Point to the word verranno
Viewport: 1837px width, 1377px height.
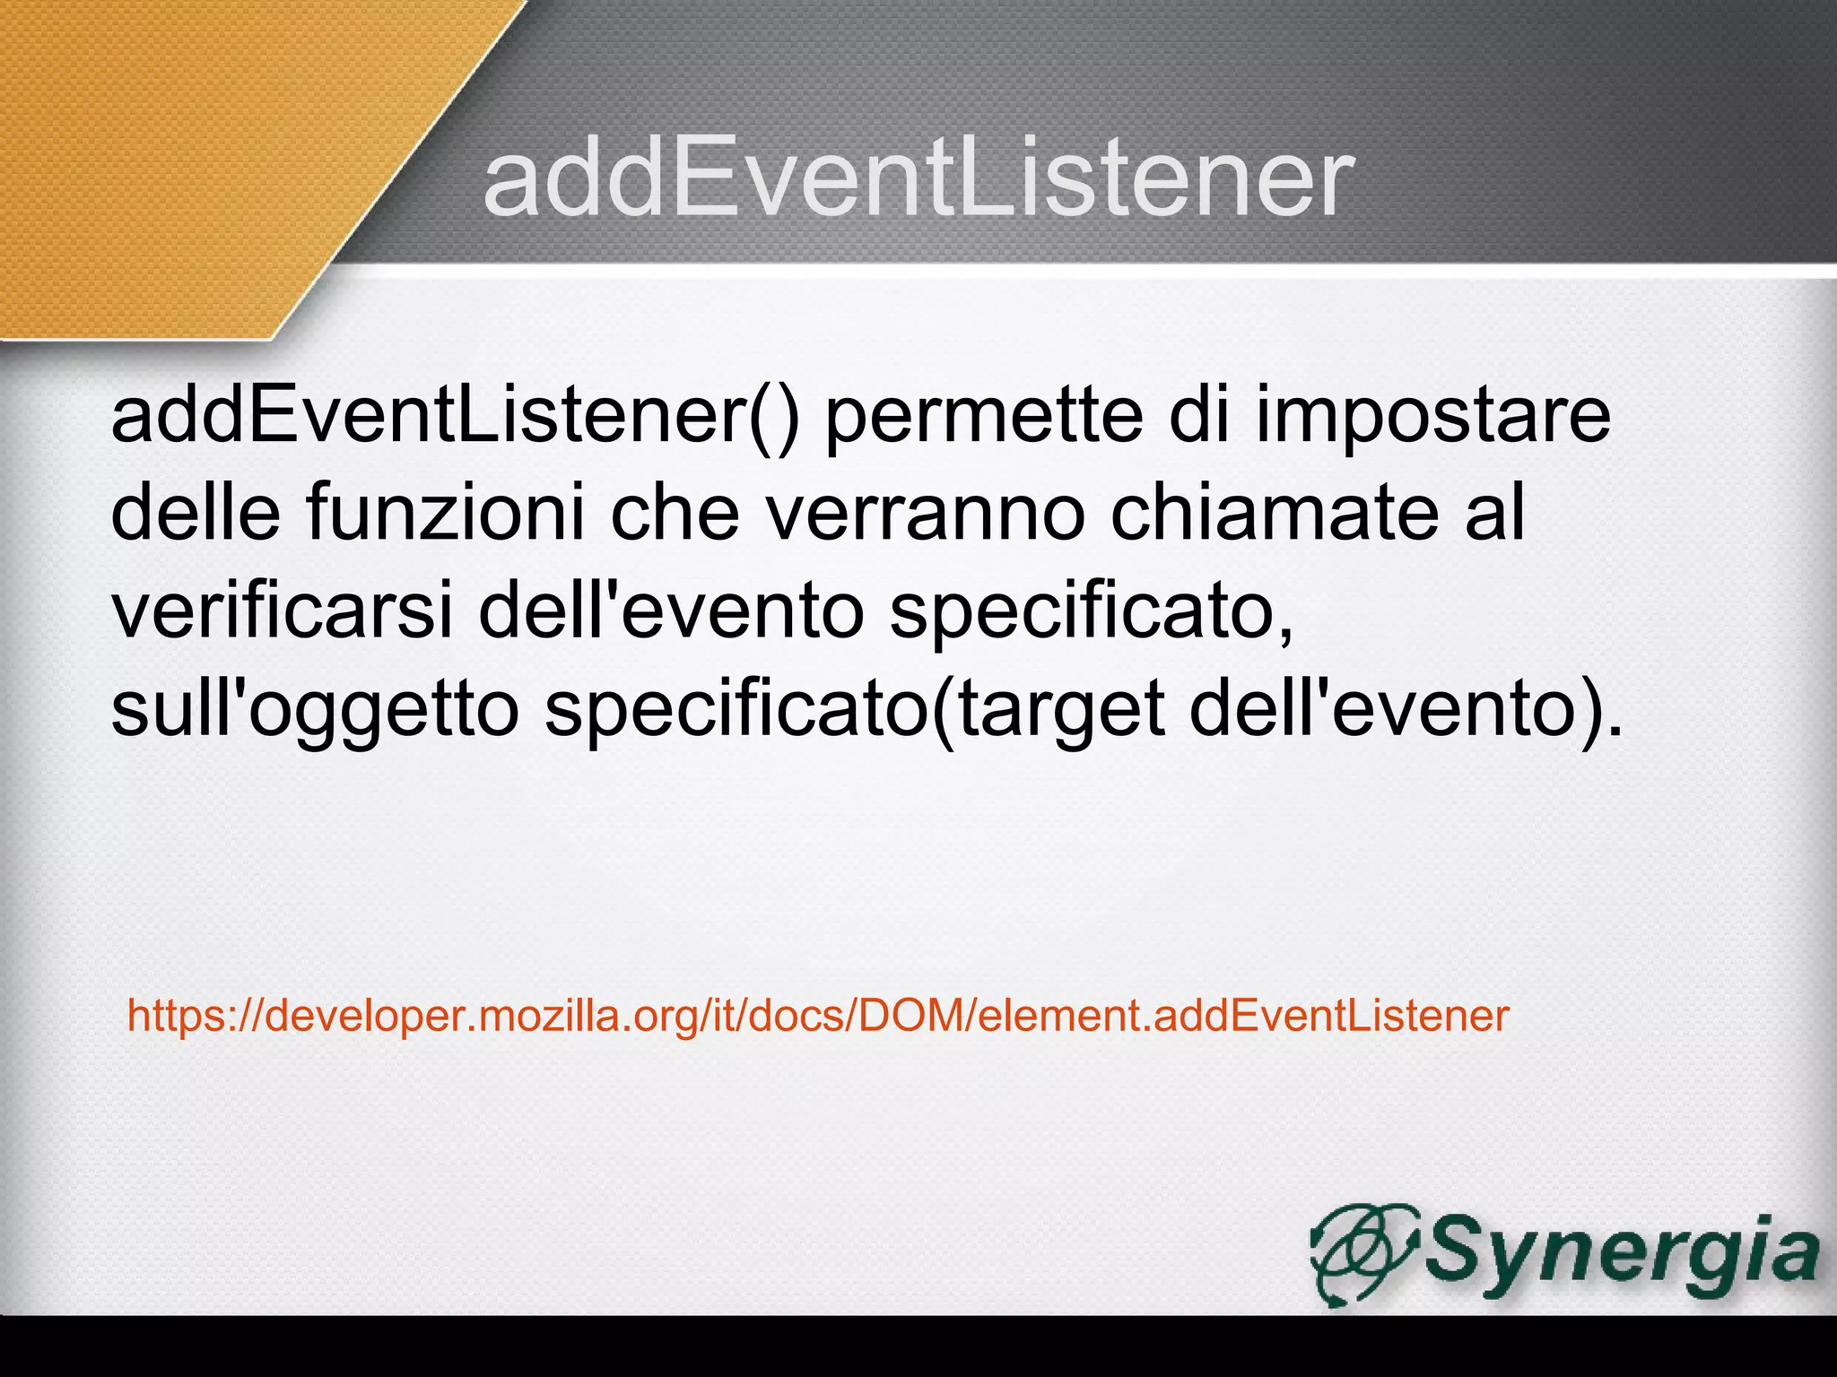point(925,512)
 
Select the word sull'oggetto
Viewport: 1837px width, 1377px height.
point(315,708)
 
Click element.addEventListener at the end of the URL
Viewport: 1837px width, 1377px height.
point(1243,1016)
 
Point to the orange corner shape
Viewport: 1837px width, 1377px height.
point(179,161)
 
